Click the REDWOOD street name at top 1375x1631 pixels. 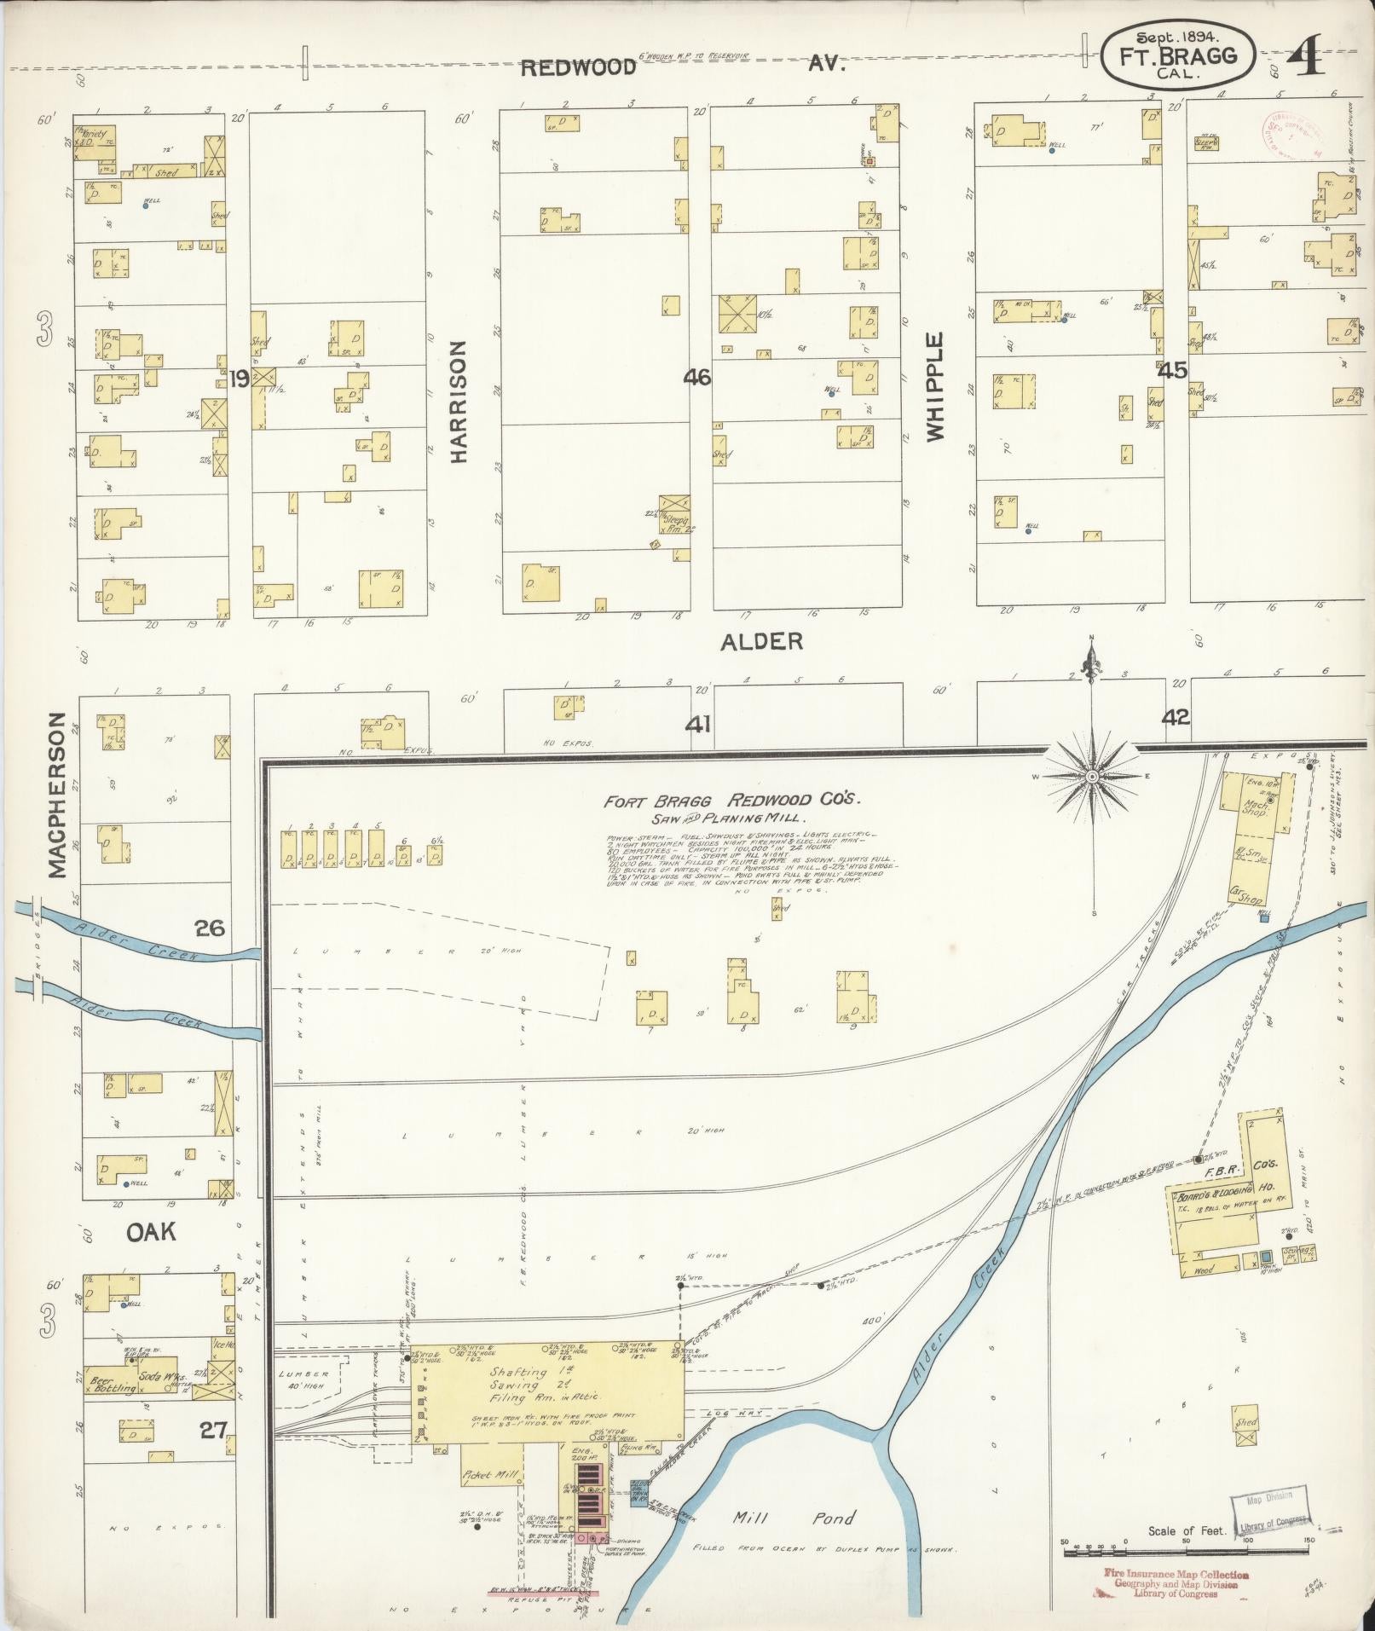pyautogui.click(x=578, y=67)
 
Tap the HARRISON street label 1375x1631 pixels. pyautogui.click(x=459, y=402)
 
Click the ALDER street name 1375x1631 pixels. pyautogui.click(x=761, y=641)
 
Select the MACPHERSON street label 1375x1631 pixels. pyautogui.click(x=56, y=795)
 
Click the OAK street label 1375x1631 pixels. pyautogui.click(x=151, y=1231)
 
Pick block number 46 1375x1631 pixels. pyautogui.click(x=696, y=376)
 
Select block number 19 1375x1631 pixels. pyautogui.click(x=239, y=378)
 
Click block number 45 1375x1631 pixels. pyautogui.click(x=1172, y=371)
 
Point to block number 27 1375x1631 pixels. pyautogui.click(x=212, y=1430)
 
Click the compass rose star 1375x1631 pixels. pyautogui.click(x=1092, y=777)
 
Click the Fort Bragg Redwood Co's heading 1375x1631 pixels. pyautogui.click(x=732, y=801)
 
